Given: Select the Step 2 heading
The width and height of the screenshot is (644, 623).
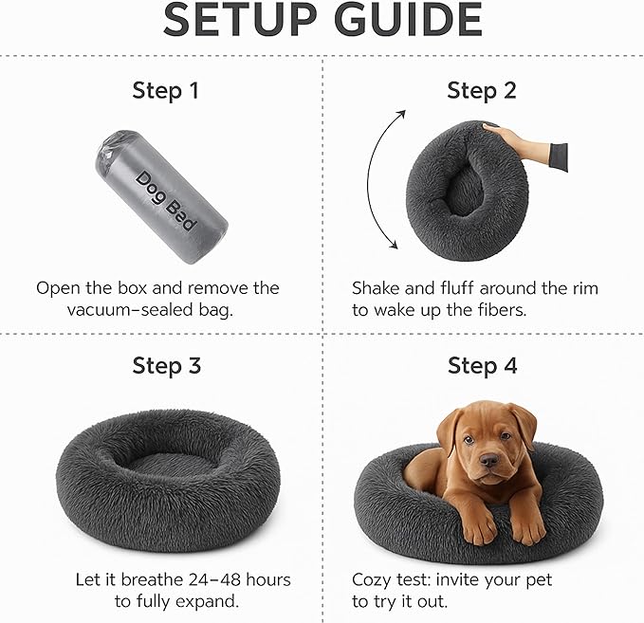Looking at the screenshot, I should pos(482,91).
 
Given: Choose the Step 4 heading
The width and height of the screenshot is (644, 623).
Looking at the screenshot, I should pos(482,365).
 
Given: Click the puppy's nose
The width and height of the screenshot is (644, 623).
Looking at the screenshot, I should pos(489,462).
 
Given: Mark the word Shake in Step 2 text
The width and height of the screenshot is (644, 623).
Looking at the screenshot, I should pos(377,287).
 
